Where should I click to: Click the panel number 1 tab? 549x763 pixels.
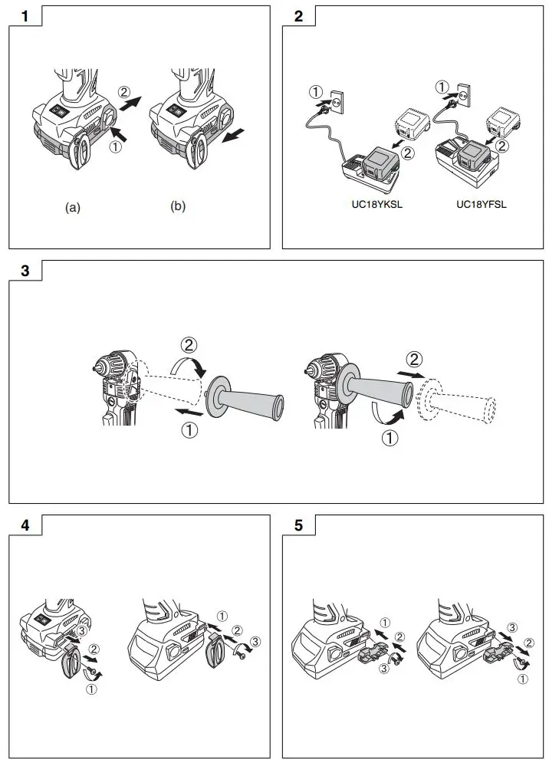point(25,17)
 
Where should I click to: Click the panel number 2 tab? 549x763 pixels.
point(298,17)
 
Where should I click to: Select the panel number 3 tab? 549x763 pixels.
point(25,271)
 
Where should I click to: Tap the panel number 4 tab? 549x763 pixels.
point(25,526)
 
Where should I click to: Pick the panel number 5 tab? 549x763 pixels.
point(298,526)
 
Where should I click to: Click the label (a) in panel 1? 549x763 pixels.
point(73,207)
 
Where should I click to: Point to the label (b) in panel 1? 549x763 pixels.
point(178,207)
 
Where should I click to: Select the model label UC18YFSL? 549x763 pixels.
point(481,205)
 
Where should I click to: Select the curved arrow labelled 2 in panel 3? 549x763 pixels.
point(190,360)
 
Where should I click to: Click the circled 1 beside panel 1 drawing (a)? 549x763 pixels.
point(116,147)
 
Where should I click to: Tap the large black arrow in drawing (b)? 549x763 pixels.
point(233,136)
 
